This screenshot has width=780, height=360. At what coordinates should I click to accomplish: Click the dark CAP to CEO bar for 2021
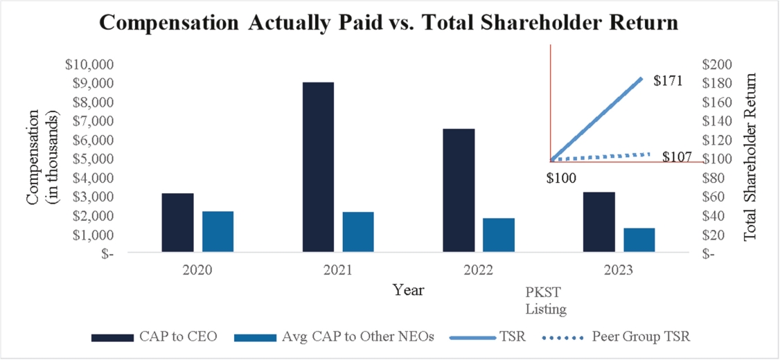[318, 168]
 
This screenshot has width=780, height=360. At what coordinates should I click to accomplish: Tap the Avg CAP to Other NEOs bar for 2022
[499, 236]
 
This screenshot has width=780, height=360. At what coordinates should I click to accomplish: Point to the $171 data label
[668, 81]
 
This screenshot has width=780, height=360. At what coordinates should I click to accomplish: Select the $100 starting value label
[562, 179]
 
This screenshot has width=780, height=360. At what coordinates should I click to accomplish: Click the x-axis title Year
[408, 290]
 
